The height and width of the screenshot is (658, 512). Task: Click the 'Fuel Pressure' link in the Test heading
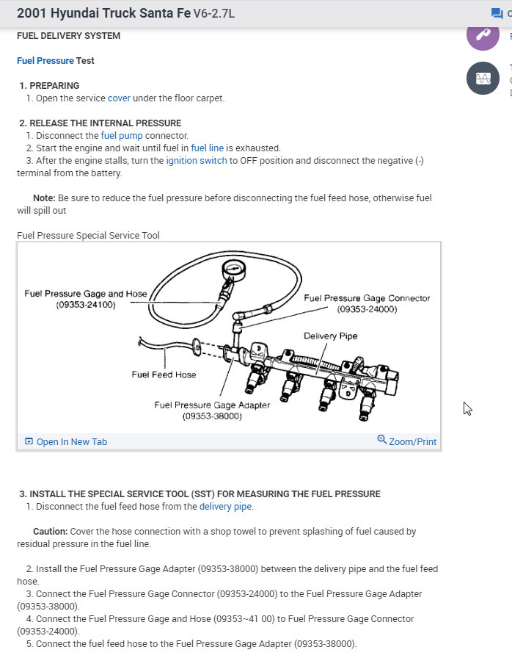(x=45, y=61)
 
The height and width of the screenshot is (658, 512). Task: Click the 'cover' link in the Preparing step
(x=119, y=98)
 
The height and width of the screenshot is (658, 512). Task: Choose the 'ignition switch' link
(x=197, y=161)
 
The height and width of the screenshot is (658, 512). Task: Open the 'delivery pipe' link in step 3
(x=225, y=507)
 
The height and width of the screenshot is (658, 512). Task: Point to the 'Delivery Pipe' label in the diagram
(x=330, y=336)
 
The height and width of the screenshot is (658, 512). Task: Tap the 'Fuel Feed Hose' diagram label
(x=164, y=375)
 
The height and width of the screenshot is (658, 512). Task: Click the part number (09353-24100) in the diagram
(x=86, y=305)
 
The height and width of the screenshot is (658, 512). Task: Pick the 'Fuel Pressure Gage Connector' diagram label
(x=367, y=298)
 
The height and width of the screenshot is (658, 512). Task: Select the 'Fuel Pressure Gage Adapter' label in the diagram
(x=212, y=405)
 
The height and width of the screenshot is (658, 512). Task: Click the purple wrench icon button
(x=483, y=35)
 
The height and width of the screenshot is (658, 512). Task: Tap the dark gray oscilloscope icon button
(x=483, y=79)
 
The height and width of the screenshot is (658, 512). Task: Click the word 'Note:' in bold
(x=44, y=198)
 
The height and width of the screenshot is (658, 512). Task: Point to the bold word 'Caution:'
(x=50, y=531)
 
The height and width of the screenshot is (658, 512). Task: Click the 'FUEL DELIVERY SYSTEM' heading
(x=68, y=36)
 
